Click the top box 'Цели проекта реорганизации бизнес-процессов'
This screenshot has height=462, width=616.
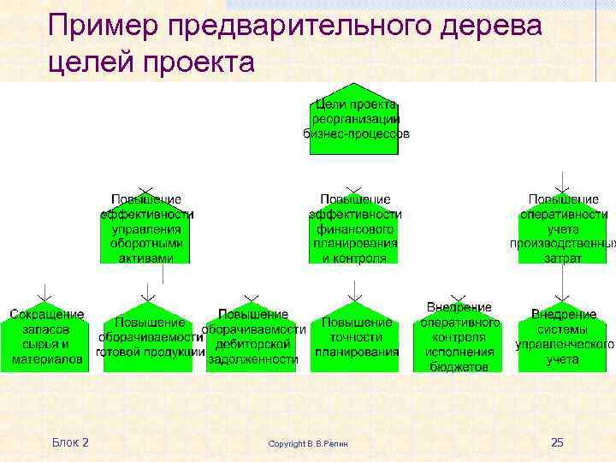354,120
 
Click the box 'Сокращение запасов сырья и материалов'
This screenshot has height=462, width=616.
47,337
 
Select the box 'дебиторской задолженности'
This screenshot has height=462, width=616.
252,337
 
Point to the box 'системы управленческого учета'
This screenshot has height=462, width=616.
562,337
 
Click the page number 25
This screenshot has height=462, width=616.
557,442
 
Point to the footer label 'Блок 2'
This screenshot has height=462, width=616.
70,442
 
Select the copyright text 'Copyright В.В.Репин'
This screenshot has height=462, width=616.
314,443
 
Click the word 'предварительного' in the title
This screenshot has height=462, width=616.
291,27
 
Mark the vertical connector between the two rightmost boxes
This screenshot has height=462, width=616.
562,280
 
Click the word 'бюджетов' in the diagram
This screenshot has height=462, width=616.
459,365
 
